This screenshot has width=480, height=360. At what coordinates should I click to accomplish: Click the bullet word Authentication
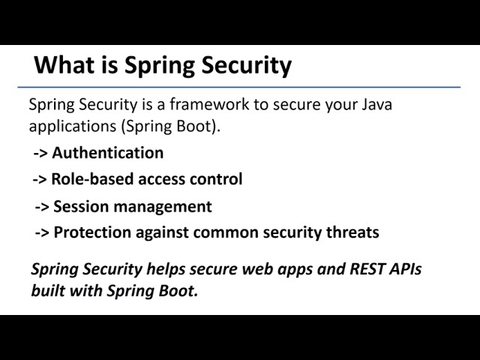(107, 153)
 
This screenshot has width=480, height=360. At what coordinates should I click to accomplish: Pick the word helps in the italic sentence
(171, 269)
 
